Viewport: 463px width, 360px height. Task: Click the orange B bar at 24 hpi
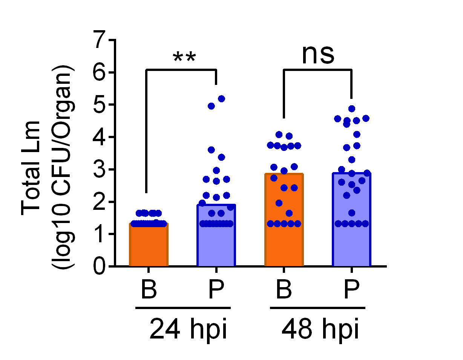click(x=149, y=245)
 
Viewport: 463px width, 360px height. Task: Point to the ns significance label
click(x=318, y=54)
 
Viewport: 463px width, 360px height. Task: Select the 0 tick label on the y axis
click(x=101, y=266)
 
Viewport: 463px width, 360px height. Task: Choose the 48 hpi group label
click(x=320, y=329)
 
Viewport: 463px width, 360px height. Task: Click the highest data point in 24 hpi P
click(x=221, y=98)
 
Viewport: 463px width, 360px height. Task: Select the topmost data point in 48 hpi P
click(x=352, y=109)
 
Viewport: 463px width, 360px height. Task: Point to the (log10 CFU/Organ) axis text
click(x=63, y=168)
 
